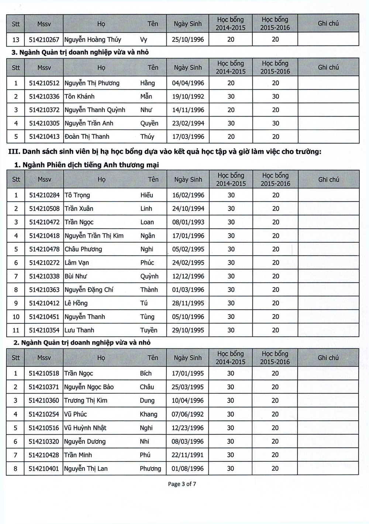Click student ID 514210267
tap(44, 40)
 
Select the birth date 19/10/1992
tap(188, 96)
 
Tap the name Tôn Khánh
tap(79, 96)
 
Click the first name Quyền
tap(149, 123)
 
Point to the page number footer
tap(182, 484)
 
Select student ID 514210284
tap(44, 195)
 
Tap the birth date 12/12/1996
tap(188, 276)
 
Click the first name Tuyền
tap(149, 330)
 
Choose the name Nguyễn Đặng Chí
tap(89, 290)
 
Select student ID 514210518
tap(44, 373)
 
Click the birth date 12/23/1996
tap(188, 428)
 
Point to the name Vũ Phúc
tap(75, 414)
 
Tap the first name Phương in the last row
tap(150, 469)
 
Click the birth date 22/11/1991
tap(188, 455)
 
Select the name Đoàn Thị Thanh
tap(87, 137)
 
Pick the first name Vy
tap(144, 40)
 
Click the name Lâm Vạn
tap(77, 263)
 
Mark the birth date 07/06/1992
tap(188, 414)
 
